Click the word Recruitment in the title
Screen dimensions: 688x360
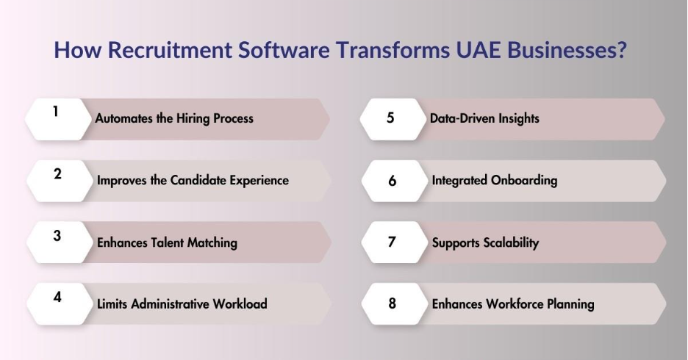pos(169,49)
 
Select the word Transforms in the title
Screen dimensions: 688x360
pos(393,49)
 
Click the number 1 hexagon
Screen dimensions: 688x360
pos(58,119)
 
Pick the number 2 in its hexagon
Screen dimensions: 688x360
pos(57,174)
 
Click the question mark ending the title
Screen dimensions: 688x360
pos(620,49)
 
